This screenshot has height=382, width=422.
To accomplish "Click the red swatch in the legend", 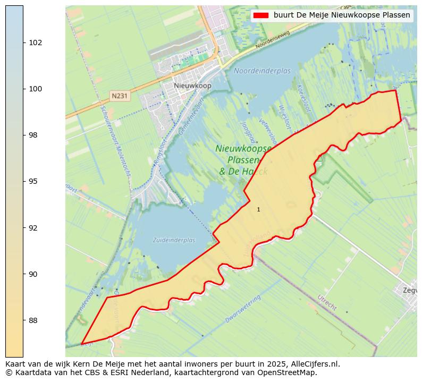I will (261, 15).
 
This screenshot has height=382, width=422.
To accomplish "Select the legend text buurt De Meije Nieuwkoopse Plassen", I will (342, 15).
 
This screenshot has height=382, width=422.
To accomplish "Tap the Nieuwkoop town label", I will (192, 86).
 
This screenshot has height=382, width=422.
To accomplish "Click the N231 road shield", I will (119, 96).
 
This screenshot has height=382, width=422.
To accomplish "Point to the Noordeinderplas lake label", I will (262, 71).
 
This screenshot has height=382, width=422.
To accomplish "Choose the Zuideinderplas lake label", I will (174, 240).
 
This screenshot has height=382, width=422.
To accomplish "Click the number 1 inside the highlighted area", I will (258, 209).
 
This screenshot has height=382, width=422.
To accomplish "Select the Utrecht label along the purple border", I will (326, 302).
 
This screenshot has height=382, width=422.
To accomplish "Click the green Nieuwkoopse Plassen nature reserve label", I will (243, 160).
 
